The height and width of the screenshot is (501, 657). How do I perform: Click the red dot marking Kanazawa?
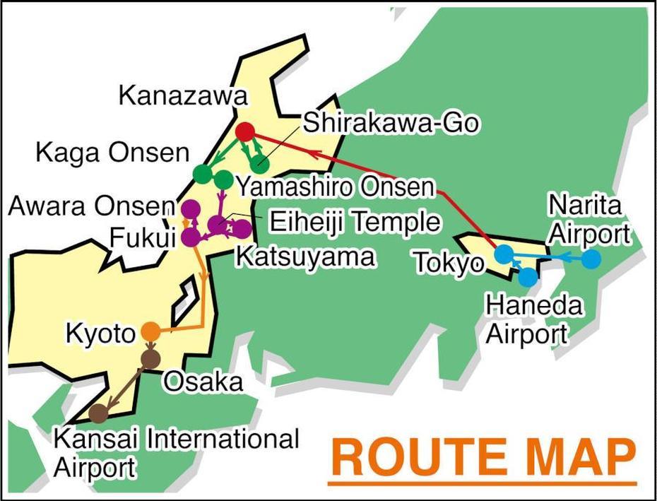click(244, 131)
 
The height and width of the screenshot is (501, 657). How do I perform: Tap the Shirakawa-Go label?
click(391, 123)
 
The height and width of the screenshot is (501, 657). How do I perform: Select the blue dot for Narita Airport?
click(591, 259)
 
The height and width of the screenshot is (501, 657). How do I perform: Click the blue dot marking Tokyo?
click(504, 254)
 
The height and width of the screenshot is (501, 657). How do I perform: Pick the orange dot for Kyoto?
click(150, 331)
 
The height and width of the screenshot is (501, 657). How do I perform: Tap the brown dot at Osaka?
click(150, 358)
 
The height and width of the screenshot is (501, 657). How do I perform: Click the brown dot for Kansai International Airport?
click(99, 413)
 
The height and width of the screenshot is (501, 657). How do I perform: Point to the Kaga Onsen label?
click(112, 153)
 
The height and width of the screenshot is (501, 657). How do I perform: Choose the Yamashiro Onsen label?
click(334, 187)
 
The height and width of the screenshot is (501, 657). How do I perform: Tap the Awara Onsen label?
click(90, 207)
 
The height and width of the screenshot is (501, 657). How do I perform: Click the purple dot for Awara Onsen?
click(190, 209)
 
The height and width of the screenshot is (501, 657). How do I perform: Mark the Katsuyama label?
click(304, 257)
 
